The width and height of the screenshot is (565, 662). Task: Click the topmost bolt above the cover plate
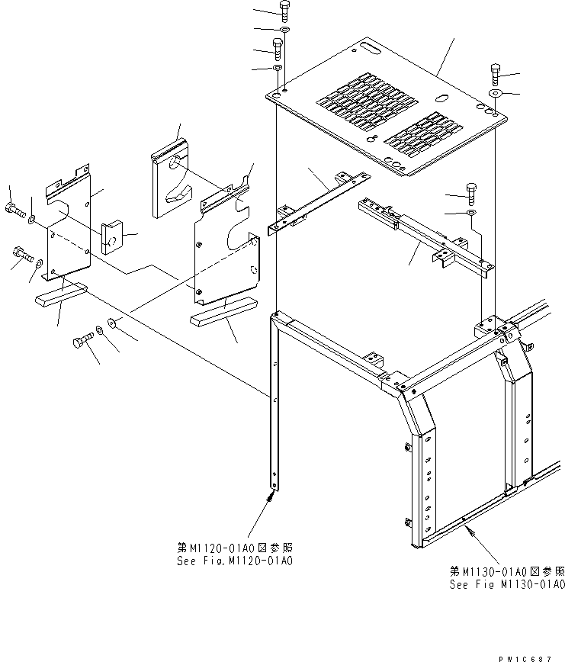[x=284, y=11]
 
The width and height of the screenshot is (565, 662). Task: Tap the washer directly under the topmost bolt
[x=284, y=31]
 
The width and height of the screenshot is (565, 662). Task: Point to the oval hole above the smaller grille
[x=440, y=98]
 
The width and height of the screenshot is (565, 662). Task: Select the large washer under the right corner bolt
[x=496, y=93]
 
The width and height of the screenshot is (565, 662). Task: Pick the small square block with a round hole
[x=111, y=236]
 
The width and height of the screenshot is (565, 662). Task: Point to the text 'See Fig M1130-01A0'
[x=507, y=584]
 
